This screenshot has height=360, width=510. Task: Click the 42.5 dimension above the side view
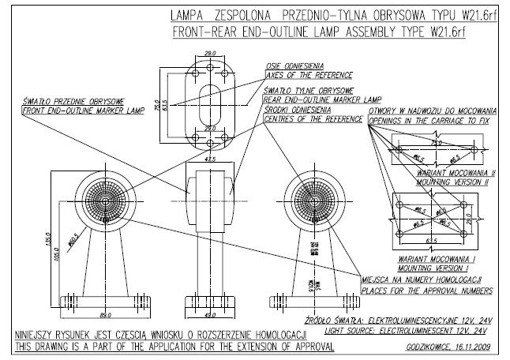tap(209, 159)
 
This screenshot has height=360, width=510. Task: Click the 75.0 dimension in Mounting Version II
tap(435, 144)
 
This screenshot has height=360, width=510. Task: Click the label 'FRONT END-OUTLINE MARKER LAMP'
tap(80, 111)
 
